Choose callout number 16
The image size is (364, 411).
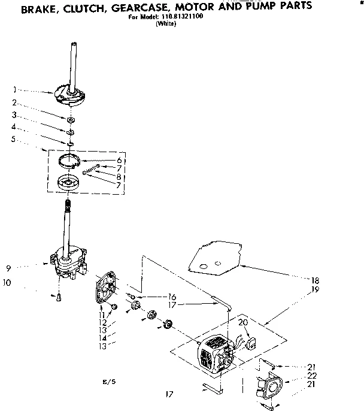pyautogui.click(x=172, y=297)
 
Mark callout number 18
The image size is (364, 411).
pyautogui.click(x=315, y=280)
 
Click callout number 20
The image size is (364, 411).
pyautogui.click(x=243, y=322)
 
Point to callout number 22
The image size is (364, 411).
pyautogui.click(x=312, y=375)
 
